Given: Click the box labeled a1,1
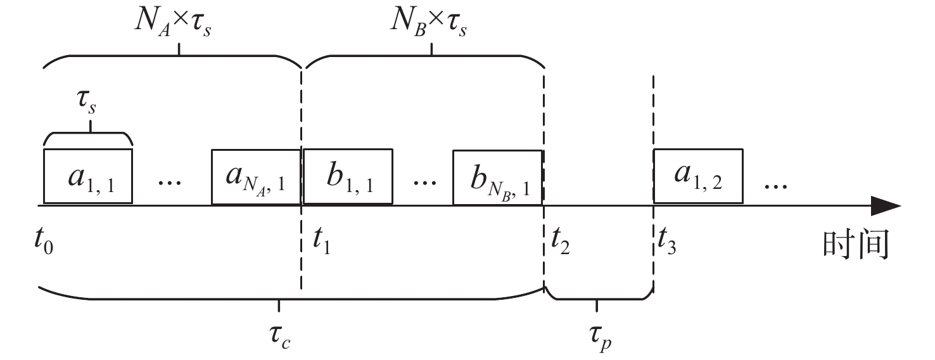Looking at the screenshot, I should pyautogui.click(x=87, y=177).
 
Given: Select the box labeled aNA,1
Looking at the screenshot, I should pyautogui.click(x=256, y=177).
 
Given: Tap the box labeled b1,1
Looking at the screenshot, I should pyautogui.click(x=348, y=177).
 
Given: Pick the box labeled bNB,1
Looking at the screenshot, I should pyautogui.click(x=498, y=177).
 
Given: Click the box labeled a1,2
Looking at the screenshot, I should pyautogui.click(x=698, y=177).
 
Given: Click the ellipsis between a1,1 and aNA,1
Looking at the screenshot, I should pyautogui.click(x=170, y=181).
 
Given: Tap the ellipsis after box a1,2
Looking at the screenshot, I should pyautogui.click(x=775, y=184).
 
